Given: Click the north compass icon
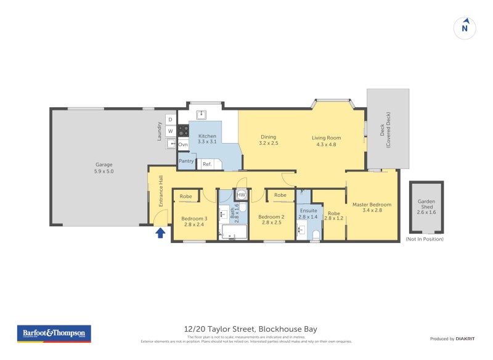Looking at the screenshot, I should coord(465,28).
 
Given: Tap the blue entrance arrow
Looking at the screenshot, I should coord(160,232).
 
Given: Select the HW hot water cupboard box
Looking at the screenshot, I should coord(241,195).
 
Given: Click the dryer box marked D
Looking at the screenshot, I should coord(170,119).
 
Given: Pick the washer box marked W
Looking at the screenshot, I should coord(170,131).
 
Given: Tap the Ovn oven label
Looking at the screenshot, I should coord(183,144).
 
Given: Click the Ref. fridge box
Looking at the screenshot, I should coord(207,164).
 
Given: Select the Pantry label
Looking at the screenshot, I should coord(186,161).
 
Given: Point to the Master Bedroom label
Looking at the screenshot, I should coord(372,205).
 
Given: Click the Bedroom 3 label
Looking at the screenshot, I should coord(194,218).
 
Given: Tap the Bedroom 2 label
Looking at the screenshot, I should coord(271,217).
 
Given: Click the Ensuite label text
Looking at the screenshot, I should coord(308,211).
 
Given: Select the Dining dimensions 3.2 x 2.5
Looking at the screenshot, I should coord(268,143).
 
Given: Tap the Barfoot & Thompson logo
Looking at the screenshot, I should coord(54,333).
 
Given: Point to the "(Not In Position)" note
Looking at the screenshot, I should coord(424,239).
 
